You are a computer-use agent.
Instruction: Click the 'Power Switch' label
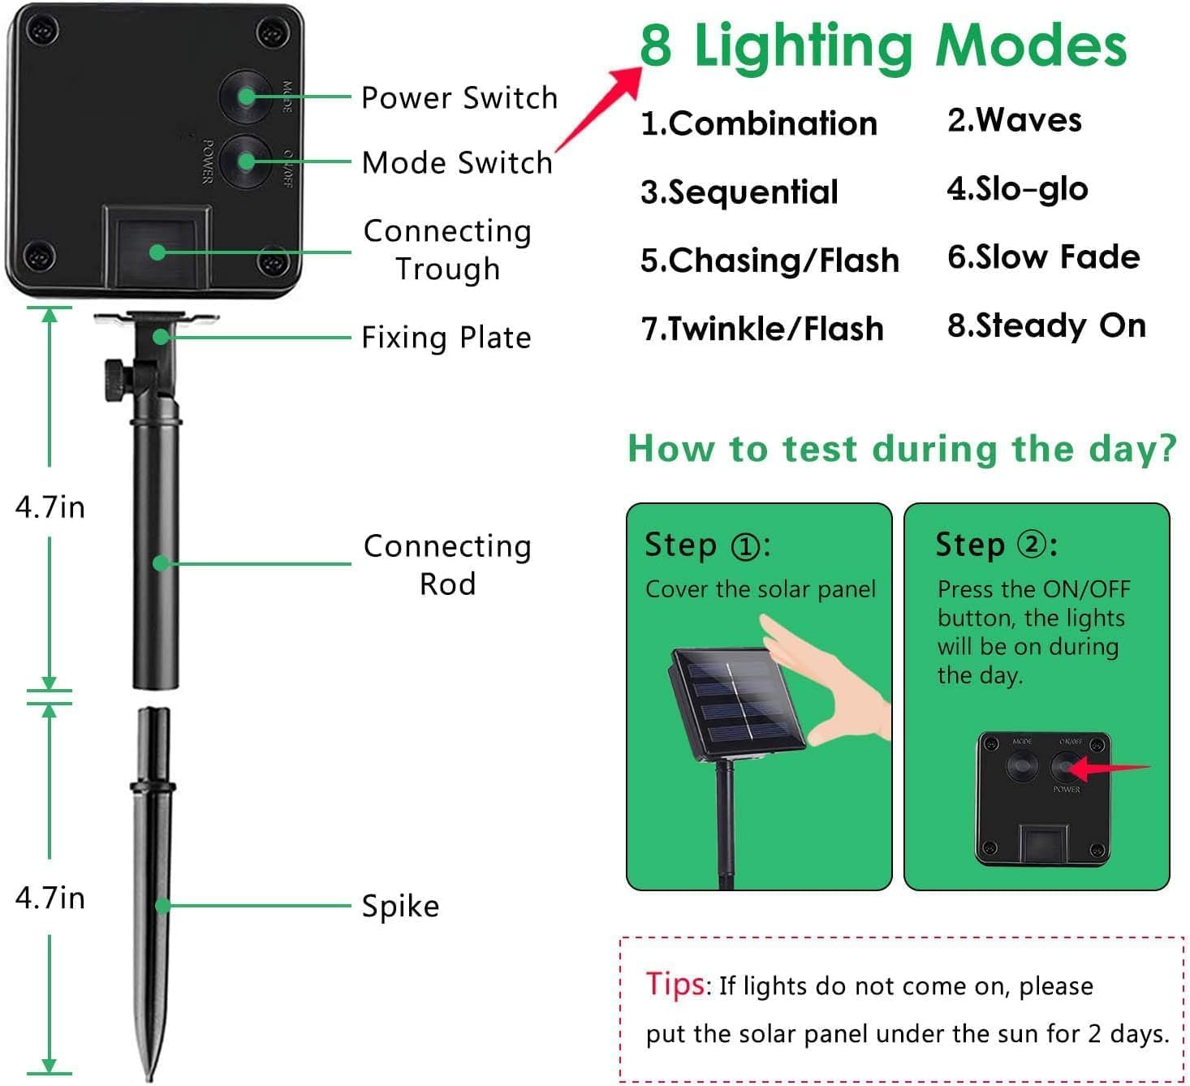pyautogui.click(x=459, y=97)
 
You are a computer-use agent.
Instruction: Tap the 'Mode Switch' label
pyautogui.click(x=457, y=162)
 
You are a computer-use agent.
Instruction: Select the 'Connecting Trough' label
pyautogui.click(x=447, y=250)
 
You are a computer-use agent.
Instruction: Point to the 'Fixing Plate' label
pyautogui.click(x=446, y=337)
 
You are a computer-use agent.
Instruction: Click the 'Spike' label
pyautogui.click(x=400, y=906)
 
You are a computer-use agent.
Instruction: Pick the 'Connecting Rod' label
pyautogui.click(x=447, y=564)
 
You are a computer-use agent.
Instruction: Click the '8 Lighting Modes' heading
pyautogui.click(x=883, y=45)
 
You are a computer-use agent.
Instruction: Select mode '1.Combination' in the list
pyautogui.click(x=759, y=123)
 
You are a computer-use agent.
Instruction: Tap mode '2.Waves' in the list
pyautogui.click(x=1014, y=120)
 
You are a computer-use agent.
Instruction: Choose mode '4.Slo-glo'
pyautogui.click(x=1017, y=188)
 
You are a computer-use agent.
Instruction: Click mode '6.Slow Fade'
pyautogui.click(x=1043, y=256)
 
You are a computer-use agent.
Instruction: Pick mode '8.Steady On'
pyautogui.click(x=1046, y=325)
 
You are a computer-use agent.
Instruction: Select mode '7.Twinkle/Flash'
pyautogui.click(x=762, y=329)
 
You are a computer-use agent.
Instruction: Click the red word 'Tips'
pyautogui.click(x=675, y=983)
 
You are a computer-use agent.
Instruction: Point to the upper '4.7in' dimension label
pyautogui.click(x=50, y=506)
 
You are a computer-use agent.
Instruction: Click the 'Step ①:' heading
pyautogui.click(x=707, y=545)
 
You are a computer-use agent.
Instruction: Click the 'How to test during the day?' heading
pyautogui.click(x=902, y=448)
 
